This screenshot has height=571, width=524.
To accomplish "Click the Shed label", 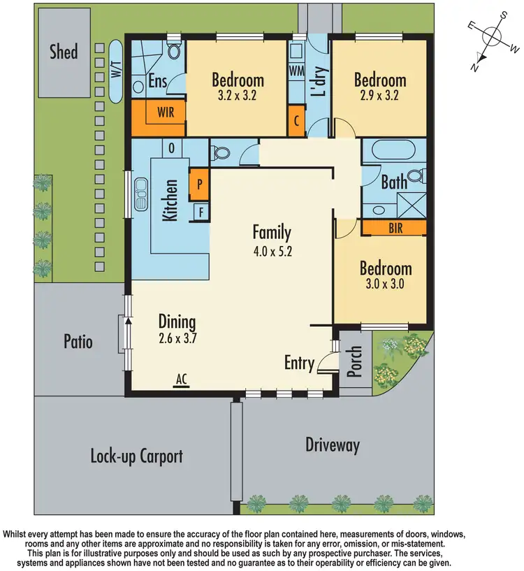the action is pos(64,52).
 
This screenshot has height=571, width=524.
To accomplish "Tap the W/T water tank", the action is pos(116,71).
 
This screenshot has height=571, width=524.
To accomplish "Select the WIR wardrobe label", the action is pos(166,112).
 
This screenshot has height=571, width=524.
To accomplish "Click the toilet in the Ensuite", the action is pos(174,50).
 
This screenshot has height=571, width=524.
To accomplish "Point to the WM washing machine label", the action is pos(297,71).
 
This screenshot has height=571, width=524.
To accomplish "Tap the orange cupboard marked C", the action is pos(296,121).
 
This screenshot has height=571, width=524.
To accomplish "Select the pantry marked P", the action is pos(199,185).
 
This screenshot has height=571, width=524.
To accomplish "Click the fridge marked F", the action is pos(201,212).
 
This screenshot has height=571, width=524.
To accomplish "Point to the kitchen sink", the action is pos(141,194).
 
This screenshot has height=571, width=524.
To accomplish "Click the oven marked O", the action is pos(171,148).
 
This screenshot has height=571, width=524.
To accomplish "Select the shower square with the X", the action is pos(411,205).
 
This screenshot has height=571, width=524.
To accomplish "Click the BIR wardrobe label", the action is pos(395,229).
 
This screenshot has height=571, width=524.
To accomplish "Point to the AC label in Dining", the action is pos(182,379).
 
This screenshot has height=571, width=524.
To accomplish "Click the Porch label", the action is pos(354,361).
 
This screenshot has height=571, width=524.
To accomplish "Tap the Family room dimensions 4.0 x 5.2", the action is pos(272,252).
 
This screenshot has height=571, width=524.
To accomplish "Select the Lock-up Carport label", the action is pos(136,456).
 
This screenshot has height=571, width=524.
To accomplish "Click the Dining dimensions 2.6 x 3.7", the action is pos(177,338).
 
